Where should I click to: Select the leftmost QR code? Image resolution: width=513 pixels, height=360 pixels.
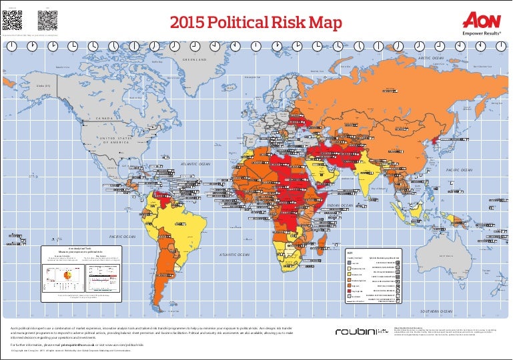[x=10, y=21]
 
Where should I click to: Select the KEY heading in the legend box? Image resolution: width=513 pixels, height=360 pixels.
[x=349, y=252]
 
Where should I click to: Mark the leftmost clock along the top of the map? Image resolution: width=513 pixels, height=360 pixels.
[x=12, y=45]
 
